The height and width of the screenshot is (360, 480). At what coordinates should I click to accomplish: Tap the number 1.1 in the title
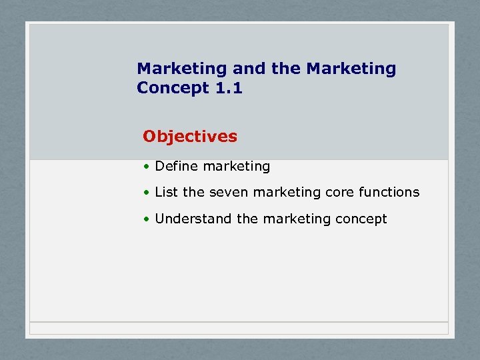coord(229,88)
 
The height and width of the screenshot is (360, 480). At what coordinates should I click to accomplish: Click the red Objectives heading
coord(190,137)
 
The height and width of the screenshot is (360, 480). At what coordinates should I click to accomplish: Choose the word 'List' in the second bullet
coord(166,192)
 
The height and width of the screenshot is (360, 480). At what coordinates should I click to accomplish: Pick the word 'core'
coord(339,192)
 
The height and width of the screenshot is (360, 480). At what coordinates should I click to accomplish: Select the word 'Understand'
coord(193,219)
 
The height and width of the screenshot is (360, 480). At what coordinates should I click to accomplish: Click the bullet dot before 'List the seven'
coord(146,193)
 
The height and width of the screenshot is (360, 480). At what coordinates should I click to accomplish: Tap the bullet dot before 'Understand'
coord(146,219)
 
